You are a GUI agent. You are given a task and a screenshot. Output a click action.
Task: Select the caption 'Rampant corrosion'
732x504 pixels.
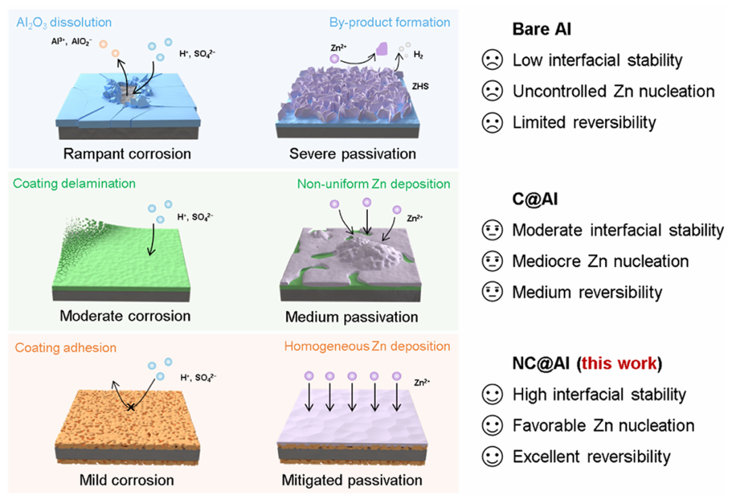(x=127, y=154)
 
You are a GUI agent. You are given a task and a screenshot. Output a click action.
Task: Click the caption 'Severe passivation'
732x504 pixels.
(x=352, y=154)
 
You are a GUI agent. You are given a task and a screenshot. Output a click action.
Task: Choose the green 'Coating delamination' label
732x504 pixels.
(x=75, y=184)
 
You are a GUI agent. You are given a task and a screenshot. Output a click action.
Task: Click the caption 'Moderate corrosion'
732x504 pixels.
(x=125, y=316)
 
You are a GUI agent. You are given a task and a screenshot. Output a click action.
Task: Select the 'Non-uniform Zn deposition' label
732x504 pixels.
(x=373, y=184)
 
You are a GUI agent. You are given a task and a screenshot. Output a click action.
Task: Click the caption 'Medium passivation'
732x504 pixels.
(x=352, y=317)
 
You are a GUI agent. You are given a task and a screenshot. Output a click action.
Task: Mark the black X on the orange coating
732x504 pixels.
(x=131, y=408)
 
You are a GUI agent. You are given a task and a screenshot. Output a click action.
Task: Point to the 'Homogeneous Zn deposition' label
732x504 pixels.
(x=367, y=348)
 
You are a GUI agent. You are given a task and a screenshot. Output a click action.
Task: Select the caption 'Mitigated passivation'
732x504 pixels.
(x=352, y=480)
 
